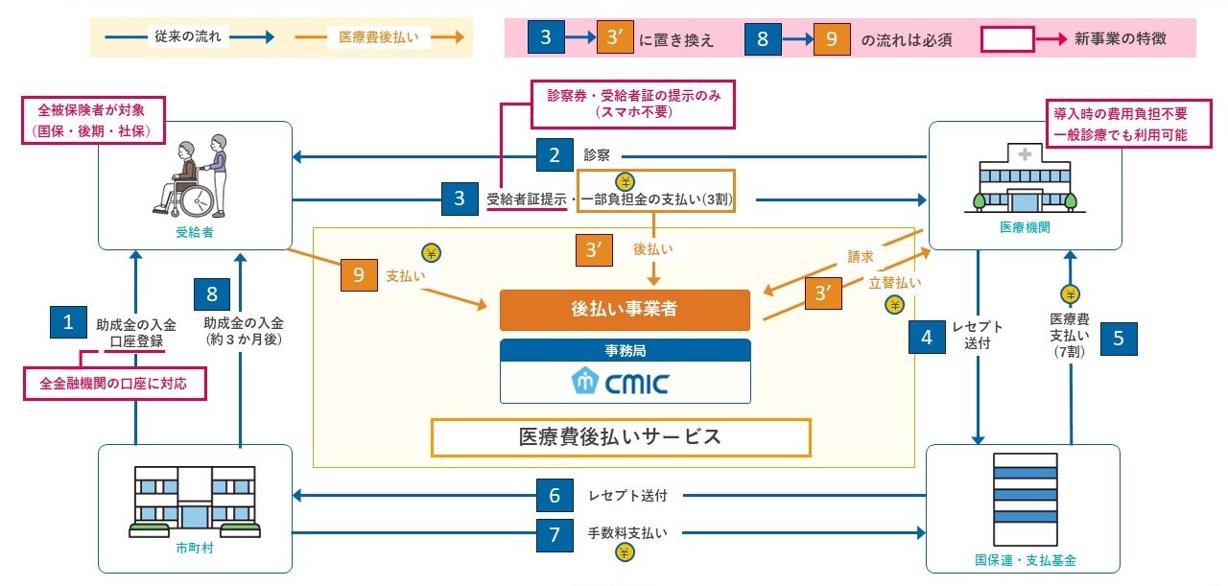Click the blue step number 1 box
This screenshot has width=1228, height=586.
pos(68,321)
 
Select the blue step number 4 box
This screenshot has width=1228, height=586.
pos(927,337)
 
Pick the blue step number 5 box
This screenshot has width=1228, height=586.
pos(1119,337)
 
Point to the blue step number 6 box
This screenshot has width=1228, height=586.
pos(555,496)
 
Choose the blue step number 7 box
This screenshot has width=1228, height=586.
pos(555,533)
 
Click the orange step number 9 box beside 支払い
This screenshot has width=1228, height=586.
pos(359,275)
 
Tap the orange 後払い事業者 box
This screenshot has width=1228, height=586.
pos(625,311)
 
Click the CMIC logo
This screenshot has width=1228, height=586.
pos(625,382)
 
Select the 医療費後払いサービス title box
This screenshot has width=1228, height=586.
pos(622,436)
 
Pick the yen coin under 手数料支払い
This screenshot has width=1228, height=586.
pos(625,552)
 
